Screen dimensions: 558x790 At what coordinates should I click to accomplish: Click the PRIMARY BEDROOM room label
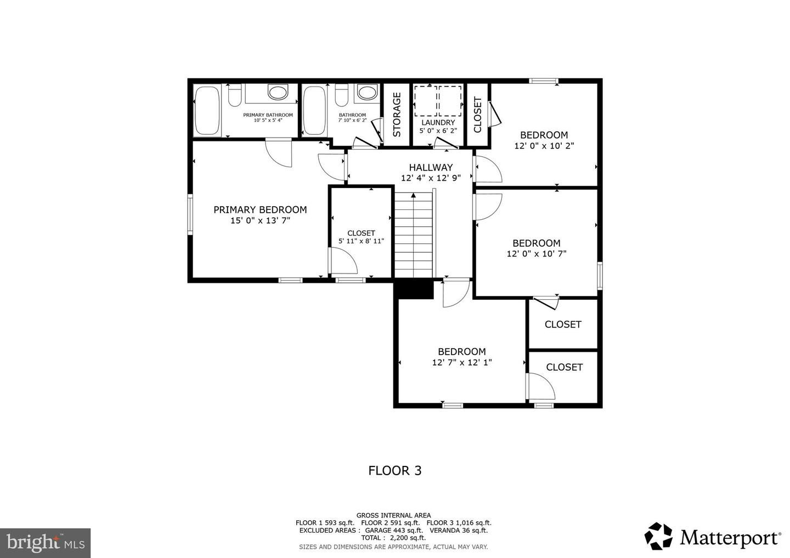tap(259, 209)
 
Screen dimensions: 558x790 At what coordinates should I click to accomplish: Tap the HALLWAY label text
tap(431, 167)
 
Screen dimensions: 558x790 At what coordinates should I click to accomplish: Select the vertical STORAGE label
tap(397, 115)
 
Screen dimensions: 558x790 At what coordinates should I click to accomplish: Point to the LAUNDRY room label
tap(438, 122)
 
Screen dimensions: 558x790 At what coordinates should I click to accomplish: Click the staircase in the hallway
tap(414, 236)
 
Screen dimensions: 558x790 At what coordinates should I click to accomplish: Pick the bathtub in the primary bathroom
tap(207, 110)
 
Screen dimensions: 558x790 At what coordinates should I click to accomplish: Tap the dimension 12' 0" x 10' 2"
tap(544, 146)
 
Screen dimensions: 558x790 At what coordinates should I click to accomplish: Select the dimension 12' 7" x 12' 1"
tap(461, 362)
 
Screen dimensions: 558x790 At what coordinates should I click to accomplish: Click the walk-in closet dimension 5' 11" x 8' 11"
tap(361, 241)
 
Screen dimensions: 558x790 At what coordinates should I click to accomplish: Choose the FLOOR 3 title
tap(394, 470)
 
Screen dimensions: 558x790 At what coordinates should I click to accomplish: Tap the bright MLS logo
tap(45, 543)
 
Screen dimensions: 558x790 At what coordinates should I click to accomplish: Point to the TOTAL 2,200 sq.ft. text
tap(393, 538)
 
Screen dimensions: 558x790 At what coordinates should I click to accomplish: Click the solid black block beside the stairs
tap(414, 289)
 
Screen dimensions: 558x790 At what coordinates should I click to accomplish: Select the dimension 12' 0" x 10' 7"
tap(536, 254)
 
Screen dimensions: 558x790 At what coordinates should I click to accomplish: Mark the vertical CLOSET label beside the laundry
tap(477, 115)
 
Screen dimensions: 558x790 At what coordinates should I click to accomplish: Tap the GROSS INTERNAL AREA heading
tap(393, 515)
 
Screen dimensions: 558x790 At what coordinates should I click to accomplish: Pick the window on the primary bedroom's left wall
tap(190, 214)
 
